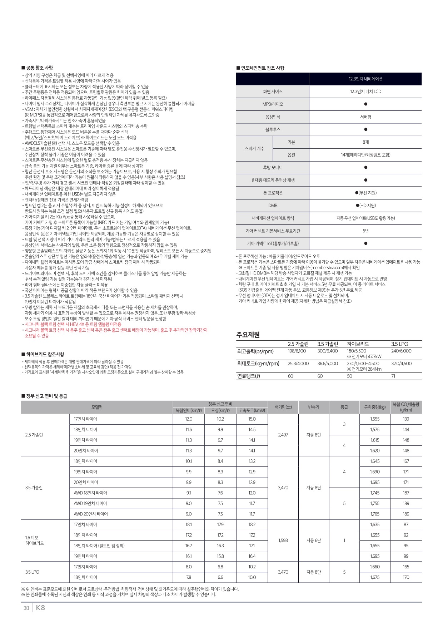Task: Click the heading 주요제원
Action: click(x=248, y=335)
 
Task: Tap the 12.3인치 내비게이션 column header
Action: click(x=365, y=79)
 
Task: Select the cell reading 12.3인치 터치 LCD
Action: click(x=365, y=92)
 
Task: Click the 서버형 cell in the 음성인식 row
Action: click(x=365, y=117)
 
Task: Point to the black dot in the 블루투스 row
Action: click(x=365, y=129)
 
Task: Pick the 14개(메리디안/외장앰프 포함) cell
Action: click(x=365, y=155)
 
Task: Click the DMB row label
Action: click(x=273, y=206)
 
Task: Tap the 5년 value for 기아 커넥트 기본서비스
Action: click(x=365, y=231)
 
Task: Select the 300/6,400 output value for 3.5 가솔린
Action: click(x=327, y=351)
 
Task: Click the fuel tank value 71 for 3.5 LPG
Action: click(x=393, y=376)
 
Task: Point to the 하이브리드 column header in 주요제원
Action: click(x=358, y=344)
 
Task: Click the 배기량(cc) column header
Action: click(x=283, y=407)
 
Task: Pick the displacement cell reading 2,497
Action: click(x=283, y=435)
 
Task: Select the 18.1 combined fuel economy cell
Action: click(x=189, y=524)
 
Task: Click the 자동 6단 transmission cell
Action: click(x=314, y=540)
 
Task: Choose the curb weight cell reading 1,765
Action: click(x=375, y=514)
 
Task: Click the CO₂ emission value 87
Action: click(x=406, y=524)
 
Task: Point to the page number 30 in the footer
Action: click(x=26, y=608)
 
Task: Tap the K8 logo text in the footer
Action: click(x=40, y=608)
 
